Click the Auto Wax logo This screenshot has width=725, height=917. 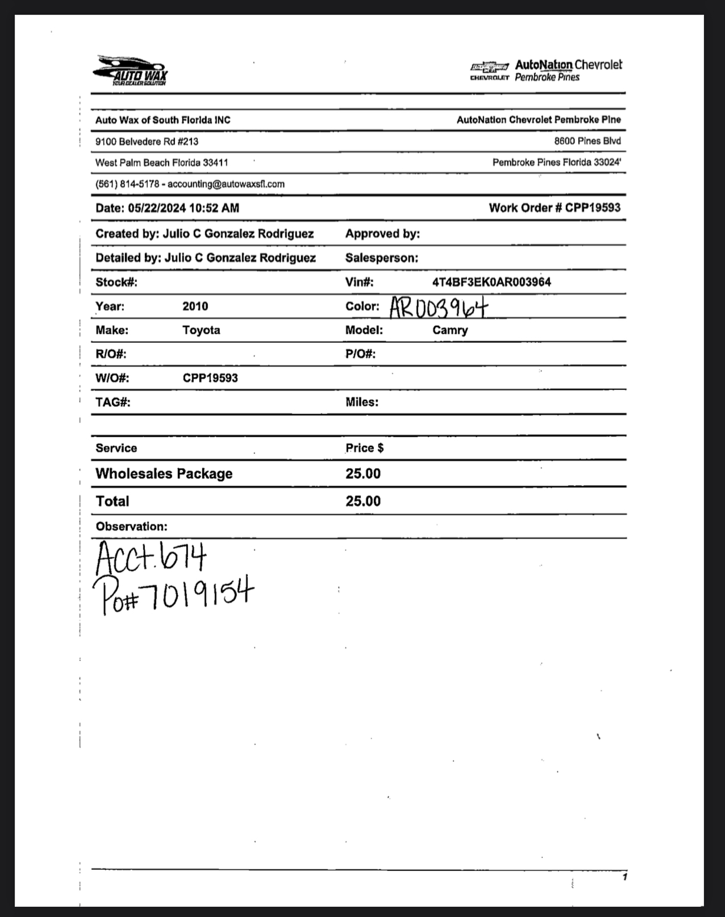pos(131,71)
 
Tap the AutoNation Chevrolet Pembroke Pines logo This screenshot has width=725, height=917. pos(546,71)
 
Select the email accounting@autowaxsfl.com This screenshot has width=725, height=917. pos(226,184)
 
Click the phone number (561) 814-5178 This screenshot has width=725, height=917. pos(127,184)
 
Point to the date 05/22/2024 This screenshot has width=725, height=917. pos(157,208)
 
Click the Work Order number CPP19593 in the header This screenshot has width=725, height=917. pos(593,208)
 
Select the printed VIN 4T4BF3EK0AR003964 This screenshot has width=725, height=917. pos(491,282)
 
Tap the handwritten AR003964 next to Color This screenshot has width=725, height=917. pos(439,308)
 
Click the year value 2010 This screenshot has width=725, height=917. pos(195,306)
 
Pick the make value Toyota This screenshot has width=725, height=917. pos(201,330)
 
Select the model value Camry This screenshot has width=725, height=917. pos(450,330)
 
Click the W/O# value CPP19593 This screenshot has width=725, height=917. pos(210,378)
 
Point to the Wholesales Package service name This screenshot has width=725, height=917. pos(164,474)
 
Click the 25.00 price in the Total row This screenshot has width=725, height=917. pos(363,501)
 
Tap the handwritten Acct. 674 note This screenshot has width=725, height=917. pos(151,557)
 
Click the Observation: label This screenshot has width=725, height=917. pos(131,526)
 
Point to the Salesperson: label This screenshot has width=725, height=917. pos(381,258)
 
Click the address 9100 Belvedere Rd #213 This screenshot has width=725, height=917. pos(147,142)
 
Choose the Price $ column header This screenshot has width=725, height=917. pos(364,448)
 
